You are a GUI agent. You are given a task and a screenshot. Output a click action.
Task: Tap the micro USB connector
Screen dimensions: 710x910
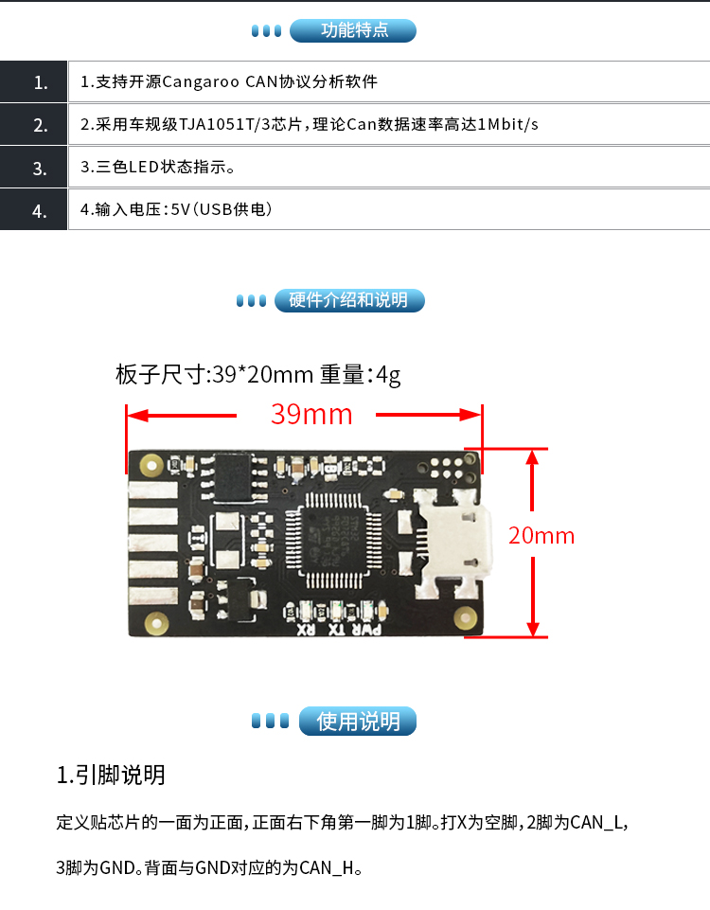pyautogui.click(x=456, y=544)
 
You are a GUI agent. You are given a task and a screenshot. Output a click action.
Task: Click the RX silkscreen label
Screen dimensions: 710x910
pyautogui.click(x=307, y=630)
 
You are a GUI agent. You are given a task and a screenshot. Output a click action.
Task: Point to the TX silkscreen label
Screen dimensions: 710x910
pyautogui.click(x=336, y=630)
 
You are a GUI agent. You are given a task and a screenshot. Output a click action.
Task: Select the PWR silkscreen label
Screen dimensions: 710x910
pyautogui.click(x=366, y=630)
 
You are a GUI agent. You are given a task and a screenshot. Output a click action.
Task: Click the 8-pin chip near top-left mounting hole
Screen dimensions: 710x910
pyautogui.click(x=234, y=477)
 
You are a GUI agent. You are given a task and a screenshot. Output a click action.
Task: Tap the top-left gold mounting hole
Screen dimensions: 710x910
pyautogui.click(x=151, y=465)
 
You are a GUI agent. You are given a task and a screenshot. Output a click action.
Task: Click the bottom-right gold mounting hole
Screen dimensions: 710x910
pyautogui.click(x=465, y=617)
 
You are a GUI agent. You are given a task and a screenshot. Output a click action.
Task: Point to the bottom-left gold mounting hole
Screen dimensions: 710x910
pyautogui.click(x=155, y=623)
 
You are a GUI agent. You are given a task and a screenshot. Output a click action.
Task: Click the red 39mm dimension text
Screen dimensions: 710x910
pyautogui.click(x=311, y=415)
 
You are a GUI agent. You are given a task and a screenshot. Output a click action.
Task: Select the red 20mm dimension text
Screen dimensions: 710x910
pyautogui.click(x=541, y=535)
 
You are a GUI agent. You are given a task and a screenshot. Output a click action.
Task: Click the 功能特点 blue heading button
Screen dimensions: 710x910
pyautogui.click(x=353, y=30)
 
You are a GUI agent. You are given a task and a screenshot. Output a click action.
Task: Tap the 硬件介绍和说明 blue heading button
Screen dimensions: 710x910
pyautogui.click(x=349, y=300)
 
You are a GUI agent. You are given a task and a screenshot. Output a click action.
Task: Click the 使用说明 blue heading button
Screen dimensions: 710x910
pyautogui.click(x=358, y=721)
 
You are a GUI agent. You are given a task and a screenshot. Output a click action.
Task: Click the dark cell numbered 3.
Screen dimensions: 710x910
pyautogui.click(x=34, y=168)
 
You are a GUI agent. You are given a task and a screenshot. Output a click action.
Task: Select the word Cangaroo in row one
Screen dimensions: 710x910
pyautogui.click(x=201, y=81)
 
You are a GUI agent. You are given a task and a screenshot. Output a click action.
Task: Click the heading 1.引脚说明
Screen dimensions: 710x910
pyautogui.click(x=111, y=775)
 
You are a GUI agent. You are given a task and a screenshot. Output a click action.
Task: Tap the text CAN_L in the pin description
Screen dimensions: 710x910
pyautogui.click(x=595, y=822)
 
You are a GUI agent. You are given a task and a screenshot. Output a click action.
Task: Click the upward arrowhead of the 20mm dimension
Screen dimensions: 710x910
pyautogui.click(x=532, y=458)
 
